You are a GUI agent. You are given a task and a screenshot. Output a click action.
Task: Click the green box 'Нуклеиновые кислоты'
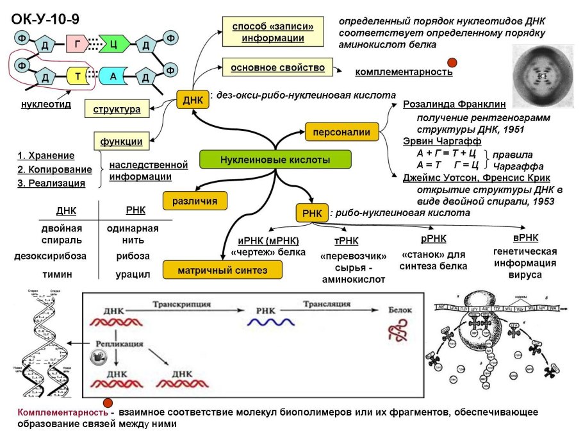point(275,160)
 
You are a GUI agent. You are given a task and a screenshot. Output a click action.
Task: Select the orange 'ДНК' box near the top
point(193,100)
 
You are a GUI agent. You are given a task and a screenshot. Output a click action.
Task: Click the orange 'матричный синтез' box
point(222,270)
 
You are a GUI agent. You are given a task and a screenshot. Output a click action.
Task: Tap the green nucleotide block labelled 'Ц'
point(113,44)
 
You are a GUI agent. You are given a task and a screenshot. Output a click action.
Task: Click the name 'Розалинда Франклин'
point(454,104)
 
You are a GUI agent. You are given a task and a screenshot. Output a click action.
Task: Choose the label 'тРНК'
point(347,240)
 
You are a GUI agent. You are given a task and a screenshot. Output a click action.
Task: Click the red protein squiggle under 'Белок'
point(395,330)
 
